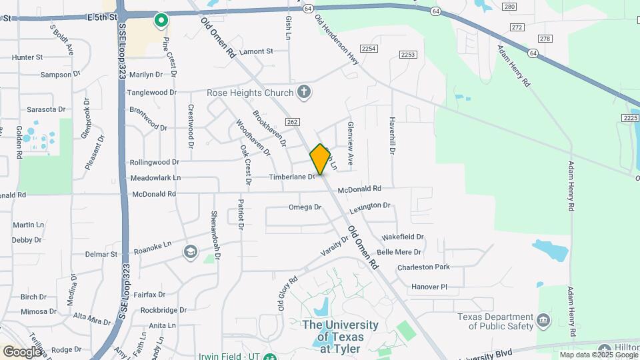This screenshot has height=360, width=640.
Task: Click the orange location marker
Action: pos(320,159)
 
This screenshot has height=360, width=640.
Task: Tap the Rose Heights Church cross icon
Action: pos(304,92)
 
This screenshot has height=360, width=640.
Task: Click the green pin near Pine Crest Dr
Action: pos(161,21)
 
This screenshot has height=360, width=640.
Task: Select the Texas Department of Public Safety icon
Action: pos(543,321)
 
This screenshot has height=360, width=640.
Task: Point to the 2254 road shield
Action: pos(369,49)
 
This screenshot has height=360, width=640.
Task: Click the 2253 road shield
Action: pos(408,54)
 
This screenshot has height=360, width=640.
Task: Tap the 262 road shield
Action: pos(294,122)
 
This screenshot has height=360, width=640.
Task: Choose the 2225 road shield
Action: pos(630,118)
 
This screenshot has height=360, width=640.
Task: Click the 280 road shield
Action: pos(510,7)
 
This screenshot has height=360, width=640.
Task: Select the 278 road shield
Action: pos(546,39)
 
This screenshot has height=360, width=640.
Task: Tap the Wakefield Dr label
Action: pos(403,237)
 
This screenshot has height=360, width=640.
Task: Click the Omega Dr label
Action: pos(305,207)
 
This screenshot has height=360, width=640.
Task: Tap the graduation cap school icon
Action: pos(191,251)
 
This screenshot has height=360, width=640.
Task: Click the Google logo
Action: pos(22,351)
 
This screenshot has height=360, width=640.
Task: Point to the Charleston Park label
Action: pos(423,267)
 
